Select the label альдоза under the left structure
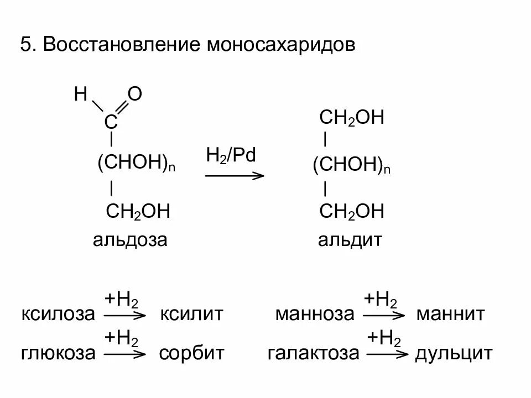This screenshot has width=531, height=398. pyautogui.click(x=130, y=240)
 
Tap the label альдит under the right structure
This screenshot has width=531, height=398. pyautogui.click(x=350, y=240)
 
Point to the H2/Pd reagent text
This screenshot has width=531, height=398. pyautogui.click(x=231, y=155)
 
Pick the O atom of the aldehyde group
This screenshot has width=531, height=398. pyautogui.click(x=135, y=95)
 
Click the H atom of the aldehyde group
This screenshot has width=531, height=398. pyautogui.click(x=81, y=95)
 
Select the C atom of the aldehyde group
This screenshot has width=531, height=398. pyautogui.click(x=111, y=122)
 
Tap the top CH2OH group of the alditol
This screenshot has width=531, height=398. pyautogui.click(x=352, y=118)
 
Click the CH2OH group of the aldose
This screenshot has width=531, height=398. pyautogui.click(x=137, y=212)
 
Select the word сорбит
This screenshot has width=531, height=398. pyautogui.click(x=191, y=353)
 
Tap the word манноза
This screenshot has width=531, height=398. pyautogui.click(x=314, y=315)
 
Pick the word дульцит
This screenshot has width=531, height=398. pyautogui.click(x=453, y=353)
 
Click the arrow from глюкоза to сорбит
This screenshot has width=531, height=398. pyautogui.click(x=124, y=353)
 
